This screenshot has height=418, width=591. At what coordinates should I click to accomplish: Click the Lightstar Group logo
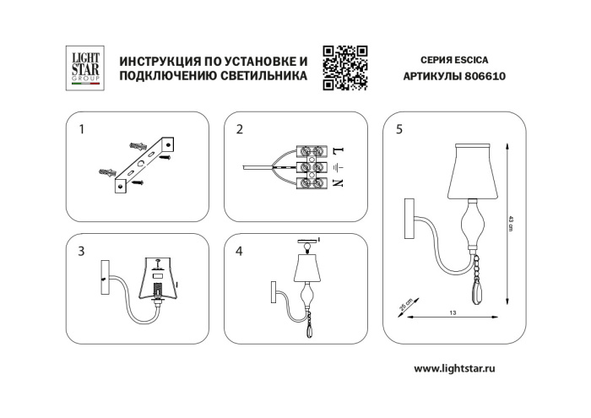84,67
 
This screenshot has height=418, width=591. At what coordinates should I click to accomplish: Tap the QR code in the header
345,67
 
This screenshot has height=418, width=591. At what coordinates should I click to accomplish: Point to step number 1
81,130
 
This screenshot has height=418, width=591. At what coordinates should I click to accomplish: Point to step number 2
240,130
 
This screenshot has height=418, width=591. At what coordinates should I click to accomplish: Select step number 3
81,251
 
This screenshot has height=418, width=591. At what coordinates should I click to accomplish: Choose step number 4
240,251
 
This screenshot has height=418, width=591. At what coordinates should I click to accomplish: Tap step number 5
399,130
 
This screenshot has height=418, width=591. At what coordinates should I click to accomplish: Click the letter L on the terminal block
339,150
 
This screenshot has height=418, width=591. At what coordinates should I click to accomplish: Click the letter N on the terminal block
339,183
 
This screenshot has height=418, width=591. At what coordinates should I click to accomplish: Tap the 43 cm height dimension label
512,221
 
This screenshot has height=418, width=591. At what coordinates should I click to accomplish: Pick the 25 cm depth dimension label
404,301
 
